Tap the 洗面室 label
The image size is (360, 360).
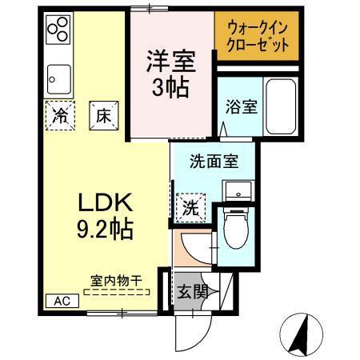click(213, 162)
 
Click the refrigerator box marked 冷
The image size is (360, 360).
click(60, 114)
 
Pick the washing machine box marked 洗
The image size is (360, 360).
click(190, 208)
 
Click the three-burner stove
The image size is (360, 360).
click(58, 31)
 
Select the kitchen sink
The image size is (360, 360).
click(58, 80)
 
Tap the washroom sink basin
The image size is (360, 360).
click(238, 190)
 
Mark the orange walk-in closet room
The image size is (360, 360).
click(255, 37)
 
